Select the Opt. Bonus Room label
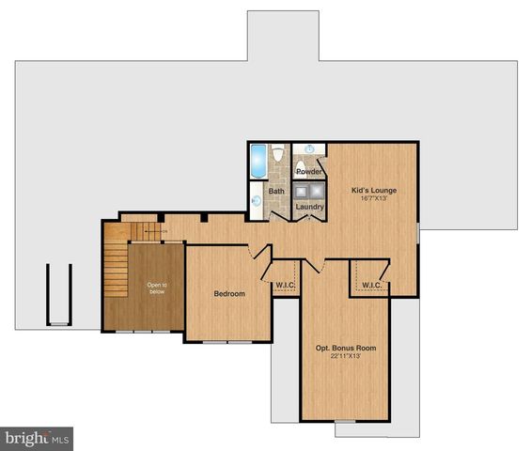345,348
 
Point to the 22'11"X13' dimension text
345,358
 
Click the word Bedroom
228,294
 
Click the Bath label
276,191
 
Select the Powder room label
309,172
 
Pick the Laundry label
310,207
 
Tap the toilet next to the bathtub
279,155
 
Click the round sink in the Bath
257,200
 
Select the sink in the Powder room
310,148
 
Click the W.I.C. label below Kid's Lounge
370,285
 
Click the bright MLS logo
37,438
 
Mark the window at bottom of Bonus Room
346,421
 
